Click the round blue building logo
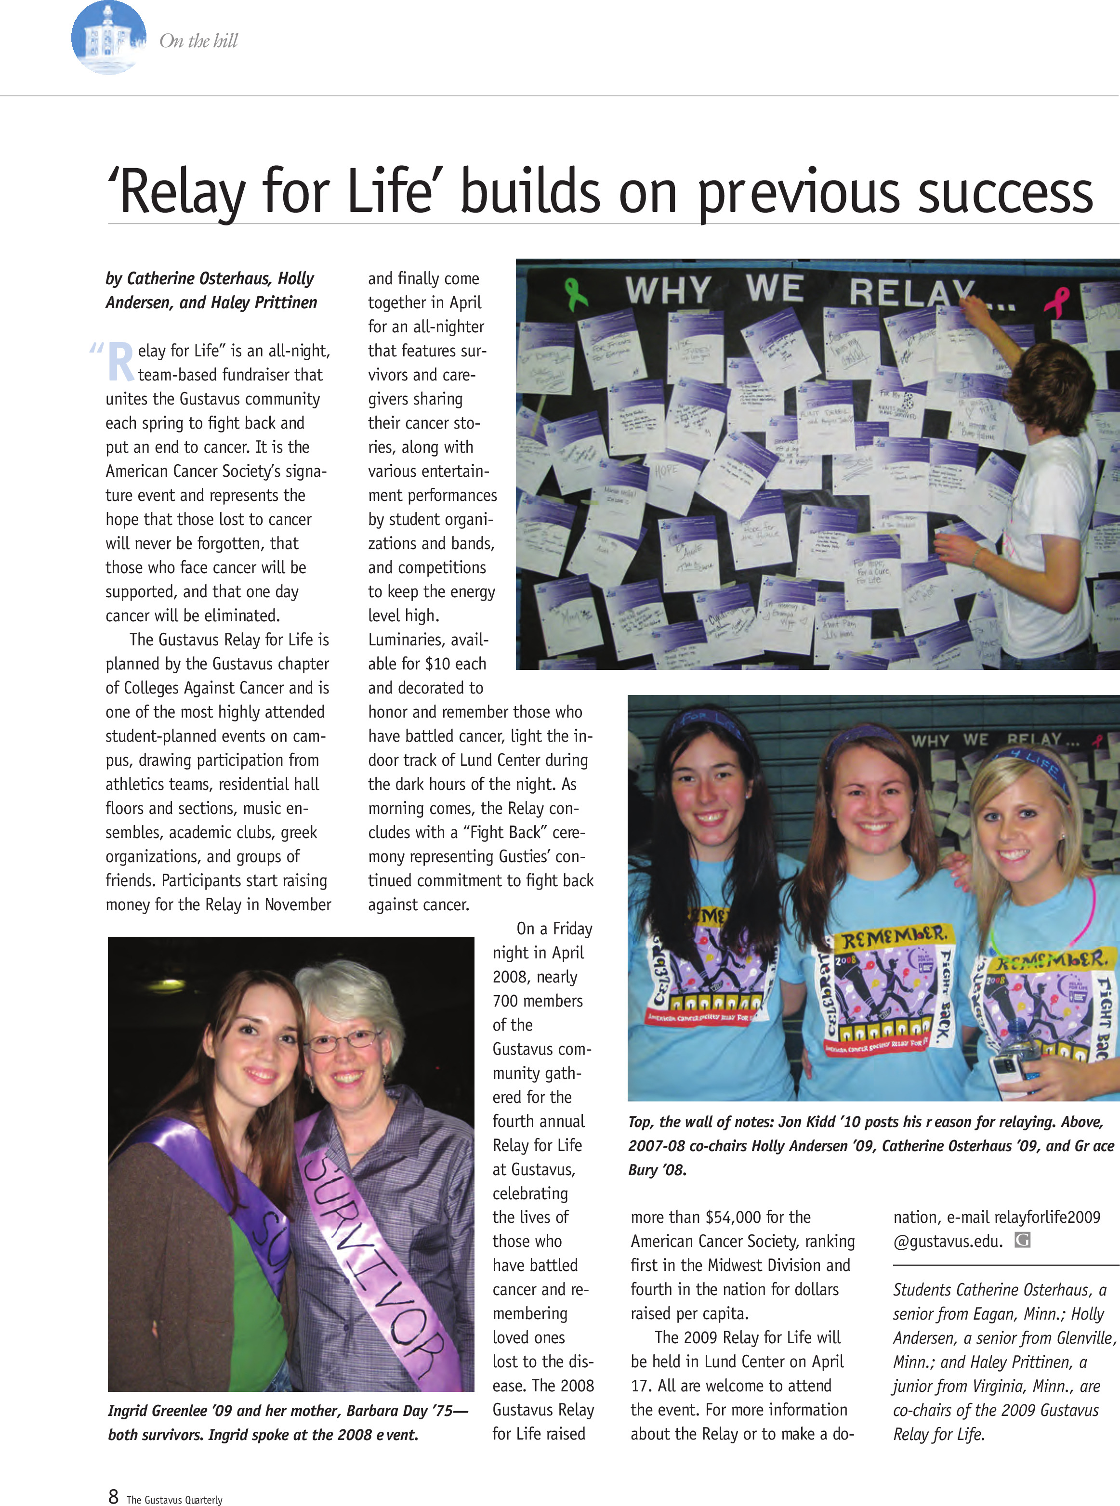[x=108, y=38]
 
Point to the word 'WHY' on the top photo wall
[x=667, y=291]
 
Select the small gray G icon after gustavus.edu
[x=1022, y=1240]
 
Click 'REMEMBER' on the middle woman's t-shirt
[x=893, y=938]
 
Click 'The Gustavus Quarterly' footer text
[x=174, y=1499]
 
